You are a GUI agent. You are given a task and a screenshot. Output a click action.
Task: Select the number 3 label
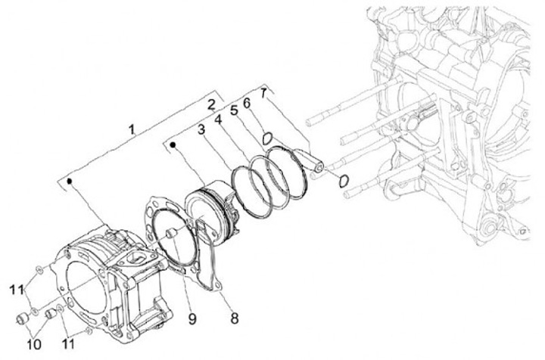tap(201, 129)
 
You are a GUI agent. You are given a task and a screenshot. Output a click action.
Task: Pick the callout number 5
tap(234, 110)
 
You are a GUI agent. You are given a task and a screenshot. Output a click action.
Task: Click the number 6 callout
tap(247, 102)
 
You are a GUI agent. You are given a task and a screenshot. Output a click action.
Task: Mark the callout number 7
tap(263, 93)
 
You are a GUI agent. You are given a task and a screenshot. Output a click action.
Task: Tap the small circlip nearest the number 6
tap(266, 138)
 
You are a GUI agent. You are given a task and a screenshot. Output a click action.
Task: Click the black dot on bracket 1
tap(69, 182)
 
